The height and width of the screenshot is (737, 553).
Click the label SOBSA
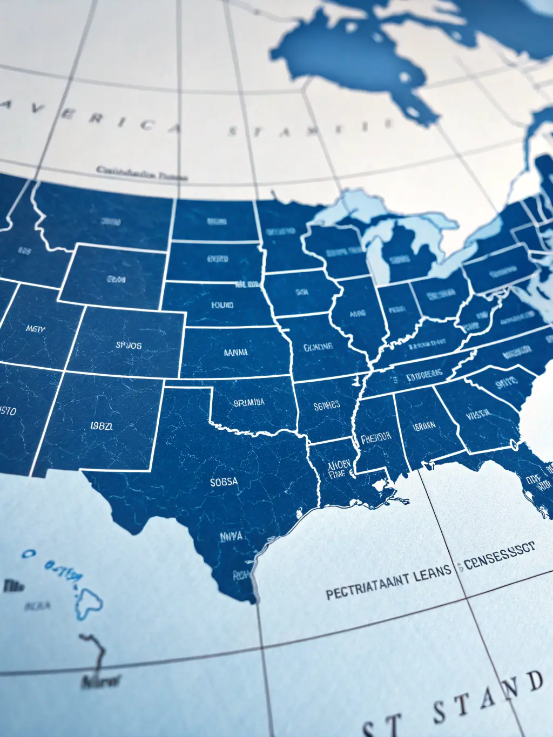[x=224, y=481]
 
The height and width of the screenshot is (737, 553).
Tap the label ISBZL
[x=102, y=425]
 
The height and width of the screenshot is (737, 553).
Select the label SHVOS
[x=129, y=345]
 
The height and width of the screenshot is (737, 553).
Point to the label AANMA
[x=235, y=352]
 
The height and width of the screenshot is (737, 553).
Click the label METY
[x=36, y=328]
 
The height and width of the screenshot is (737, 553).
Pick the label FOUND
[x=222, y=305]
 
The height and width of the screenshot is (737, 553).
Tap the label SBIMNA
[x=249, y=402]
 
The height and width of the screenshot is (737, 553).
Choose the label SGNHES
[x=327, y=404]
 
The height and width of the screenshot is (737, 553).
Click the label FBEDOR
[x=376, y=437]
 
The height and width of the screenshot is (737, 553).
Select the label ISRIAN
[x=424, y=426]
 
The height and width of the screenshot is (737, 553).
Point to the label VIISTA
[x=478, y=414]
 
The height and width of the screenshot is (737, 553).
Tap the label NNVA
[x=231, y=537]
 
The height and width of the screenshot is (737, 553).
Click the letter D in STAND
[x=534, y=681]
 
